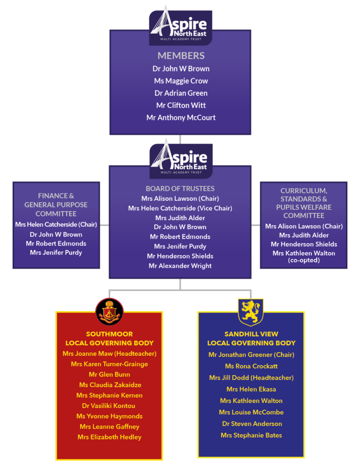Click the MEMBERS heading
[181, 56]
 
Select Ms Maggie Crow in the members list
[181, 81]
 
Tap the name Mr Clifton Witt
[181, 105]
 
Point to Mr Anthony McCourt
[181, 118]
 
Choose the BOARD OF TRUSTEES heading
[180, 189]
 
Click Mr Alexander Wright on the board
[180, 266]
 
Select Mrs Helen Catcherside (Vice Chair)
[180, 208]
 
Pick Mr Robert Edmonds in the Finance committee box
[56, 244]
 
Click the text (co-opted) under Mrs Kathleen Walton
[304, 260]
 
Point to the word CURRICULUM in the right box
[303, 191]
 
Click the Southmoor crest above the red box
[109, 312]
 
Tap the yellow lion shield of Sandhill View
[251, 312]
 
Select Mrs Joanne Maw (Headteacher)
[109, 354]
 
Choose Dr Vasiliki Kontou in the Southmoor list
[109, 406]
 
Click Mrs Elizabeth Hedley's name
[109, 437]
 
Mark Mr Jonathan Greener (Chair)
[251, 354]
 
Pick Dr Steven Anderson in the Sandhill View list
[252, 424]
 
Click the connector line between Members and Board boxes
[180, 139]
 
